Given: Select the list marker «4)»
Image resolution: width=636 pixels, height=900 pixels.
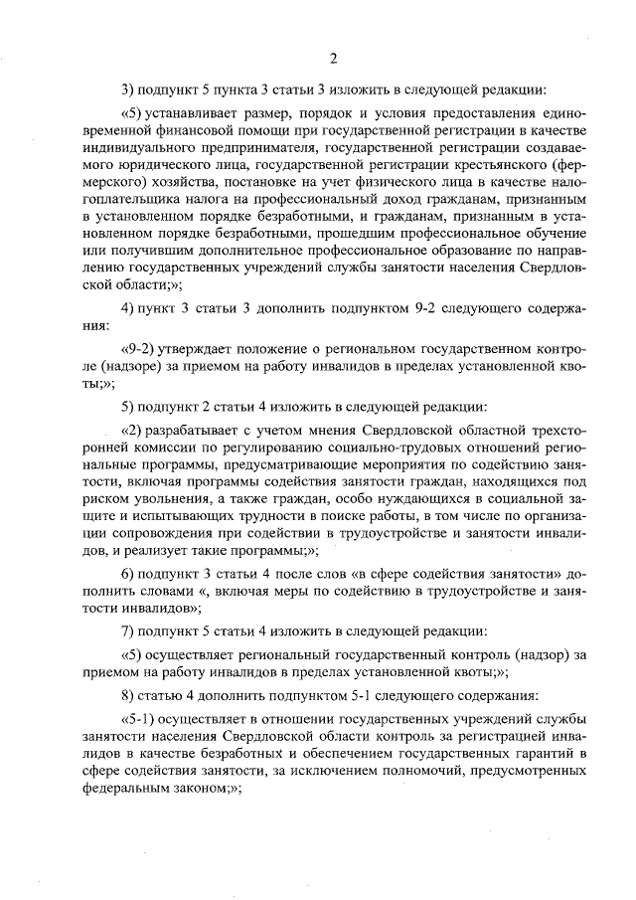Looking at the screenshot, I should pos(128,306).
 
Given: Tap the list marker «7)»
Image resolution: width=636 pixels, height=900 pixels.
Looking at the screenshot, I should pos(128,632).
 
